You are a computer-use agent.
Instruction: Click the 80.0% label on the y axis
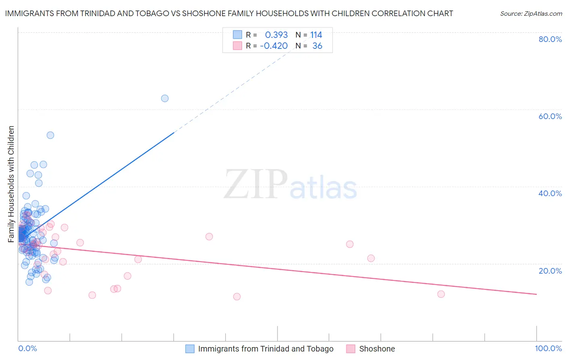click(550, 39)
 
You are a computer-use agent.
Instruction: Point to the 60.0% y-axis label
click(550, 116)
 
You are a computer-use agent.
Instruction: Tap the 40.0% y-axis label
click(550, 193)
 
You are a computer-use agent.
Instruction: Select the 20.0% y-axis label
click(550, 271)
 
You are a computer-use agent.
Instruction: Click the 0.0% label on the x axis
click(27, 348)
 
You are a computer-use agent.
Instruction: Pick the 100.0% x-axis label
click(548, 348)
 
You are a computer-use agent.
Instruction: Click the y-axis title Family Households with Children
click(11, 184)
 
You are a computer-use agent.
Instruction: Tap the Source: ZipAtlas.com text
click(531, 13)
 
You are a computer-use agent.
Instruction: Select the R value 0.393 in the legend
click(276, 35)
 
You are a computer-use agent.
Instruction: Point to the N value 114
click(316, 35)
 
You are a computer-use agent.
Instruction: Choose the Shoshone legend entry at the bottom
click(377, 349)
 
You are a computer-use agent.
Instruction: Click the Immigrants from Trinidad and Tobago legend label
click(265, 349)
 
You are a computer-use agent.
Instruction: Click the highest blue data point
click(165, 98)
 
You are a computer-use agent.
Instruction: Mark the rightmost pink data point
click(441, 294)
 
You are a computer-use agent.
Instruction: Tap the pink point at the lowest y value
click(237, 297)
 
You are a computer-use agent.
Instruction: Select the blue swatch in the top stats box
click(238, 35)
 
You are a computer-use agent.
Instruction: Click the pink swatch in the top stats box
click(238, 46)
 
